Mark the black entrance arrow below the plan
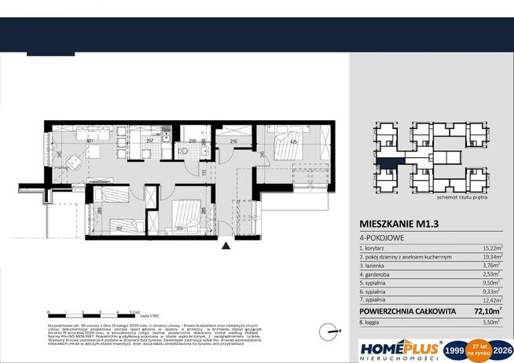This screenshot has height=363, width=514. pos(226,246)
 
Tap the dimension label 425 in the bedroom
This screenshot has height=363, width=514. pos(292,142)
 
